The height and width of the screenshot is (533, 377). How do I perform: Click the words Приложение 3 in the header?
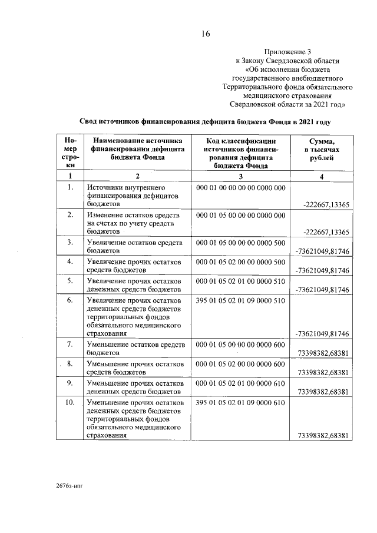[287, 52]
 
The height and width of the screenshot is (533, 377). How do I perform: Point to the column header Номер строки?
[70, 154]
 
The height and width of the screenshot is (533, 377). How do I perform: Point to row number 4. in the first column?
[70, 261]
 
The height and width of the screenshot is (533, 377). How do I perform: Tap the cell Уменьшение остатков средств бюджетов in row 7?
[135, 348]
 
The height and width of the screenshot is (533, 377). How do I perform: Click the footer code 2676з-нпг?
[71, 488]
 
